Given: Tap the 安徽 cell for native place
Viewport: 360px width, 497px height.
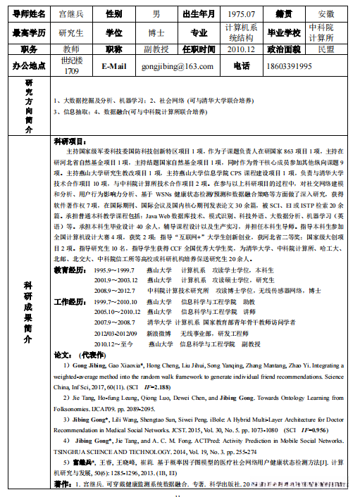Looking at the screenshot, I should (x=326, y=13).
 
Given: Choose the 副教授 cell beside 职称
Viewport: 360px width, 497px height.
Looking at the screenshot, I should (x=156, y=49).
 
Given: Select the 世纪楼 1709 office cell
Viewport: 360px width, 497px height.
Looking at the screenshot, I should (x=71, y=65).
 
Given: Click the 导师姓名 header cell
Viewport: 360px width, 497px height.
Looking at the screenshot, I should (x=29, y=13).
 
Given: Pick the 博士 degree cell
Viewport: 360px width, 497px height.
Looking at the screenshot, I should (x=156, y=32).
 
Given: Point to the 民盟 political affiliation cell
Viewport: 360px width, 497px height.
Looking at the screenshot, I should (x=326, y=49).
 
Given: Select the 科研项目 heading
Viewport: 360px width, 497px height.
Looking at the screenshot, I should (x=70, y=141).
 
